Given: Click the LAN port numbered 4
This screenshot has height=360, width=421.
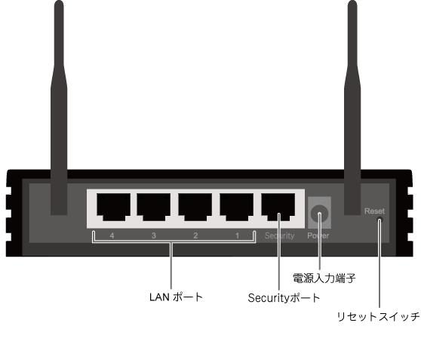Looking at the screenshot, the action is click(114, 207).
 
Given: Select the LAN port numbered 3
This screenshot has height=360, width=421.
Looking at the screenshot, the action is click(154, 207).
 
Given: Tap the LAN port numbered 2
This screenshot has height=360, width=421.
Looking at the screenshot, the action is click(195, 207).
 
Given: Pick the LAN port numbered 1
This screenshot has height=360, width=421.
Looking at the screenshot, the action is click(237, 207).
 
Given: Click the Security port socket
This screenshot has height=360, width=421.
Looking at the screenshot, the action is click(278, 207).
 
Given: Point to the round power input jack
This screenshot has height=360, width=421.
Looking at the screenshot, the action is click(319, 214).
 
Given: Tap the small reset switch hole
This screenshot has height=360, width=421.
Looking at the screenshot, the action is click(380, 220).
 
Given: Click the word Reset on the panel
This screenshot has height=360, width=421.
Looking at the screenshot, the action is click(374, 211).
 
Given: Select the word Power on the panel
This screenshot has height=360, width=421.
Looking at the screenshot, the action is click(318, 235).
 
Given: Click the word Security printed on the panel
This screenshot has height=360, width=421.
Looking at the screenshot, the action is click(279, 235).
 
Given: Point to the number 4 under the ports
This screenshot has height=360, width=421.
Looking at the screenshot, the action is click(112, 235).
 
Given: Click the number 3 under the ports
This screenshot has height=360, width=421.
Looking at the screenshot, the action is click(154, 235).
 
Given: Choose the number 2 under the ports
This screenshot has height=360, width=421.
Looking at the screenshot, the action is click(195, 235).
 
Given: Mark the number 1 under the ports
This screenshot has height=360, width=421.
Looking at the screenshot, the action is click(237, 235).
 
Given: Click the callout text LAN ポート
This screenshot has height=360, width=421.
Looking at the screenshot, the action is click(176, 297).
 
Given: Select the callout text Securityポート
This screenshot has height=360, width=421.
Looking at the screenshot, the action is click(284, 298).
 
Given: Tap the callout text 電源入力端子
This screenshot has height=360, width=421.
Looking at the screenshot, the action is click(324, 278).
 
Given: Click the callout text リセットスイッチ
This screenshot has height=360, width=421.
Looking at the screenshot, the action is click(378, 317).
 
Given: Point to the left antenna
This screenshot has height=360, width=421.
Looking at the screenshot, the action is click(59, 107).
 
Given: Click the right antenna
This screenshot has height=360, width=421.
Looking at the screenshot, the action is click(352, 107).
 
